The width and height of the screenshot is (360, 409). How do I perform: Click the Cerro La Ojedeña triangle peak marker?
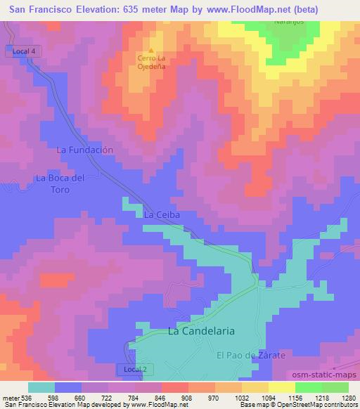coord(151,51)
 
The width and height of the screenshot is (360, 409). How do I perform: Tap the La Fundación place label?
coord(84,150)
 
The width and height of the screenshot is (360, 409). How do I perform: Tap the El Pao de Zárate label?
coord(250,356)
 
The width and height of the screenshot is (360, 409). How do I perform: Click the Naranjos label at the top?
coord(290,22)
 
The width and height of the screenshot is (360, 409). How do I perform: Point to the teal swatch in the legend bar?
coord(41,387)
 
